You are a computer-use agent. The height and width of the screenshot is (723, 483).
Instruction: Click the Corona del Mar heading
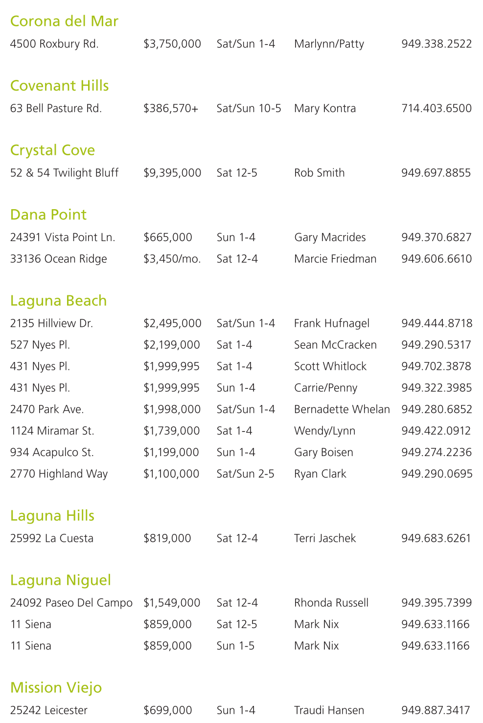64,21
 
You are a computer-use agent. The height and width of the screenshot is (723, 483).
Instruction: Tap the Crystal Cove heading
52,150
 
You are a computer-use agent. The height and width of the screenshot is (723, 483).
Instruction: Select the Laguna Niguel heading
60,580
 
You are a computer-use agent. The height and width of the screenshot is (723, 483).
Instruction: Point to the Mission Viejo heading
56,687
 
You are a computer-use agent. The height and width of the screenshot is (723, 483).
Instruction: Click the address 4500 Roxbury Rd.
54,44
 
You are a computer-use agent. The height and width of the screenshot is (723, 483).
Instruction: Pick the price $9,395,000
172,173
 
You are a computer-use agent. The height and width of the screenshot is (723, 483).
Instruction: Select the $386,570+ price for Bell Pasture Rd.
171,108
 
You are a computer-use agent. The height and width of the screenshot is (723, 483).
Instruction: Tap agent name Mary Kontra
325,108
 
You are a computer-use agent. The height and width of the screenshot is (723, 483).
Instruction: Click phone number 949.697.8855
436,173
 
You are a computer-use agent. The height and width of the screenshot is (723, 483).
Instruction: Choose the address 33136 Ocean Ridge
58,259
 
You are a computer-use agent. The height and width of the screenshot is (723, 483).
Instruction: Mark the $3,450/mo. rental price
172,259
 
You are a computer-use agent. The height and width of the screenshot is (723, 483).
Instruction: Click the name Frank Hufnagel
332,323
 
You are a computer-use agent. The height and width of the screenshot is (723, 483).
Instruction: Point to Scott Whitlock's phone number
436,366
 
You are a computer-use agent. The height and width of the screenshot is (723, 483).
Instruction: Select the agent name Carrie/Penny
325,388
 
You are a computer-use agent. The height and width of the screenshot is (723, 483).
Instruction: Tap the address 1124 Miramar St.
52,431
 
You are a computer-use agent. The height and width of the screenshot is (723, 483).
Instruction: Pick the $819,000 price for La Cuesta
167,538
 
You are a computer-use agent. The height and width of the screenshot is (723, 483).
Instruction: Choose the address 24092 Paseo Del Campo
71,603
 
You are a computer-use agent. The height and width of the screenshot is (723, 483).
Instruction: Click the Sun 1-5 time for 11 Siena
235,646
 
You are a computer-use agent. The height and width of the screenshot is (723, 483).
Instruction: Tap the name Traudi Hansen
329,710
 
